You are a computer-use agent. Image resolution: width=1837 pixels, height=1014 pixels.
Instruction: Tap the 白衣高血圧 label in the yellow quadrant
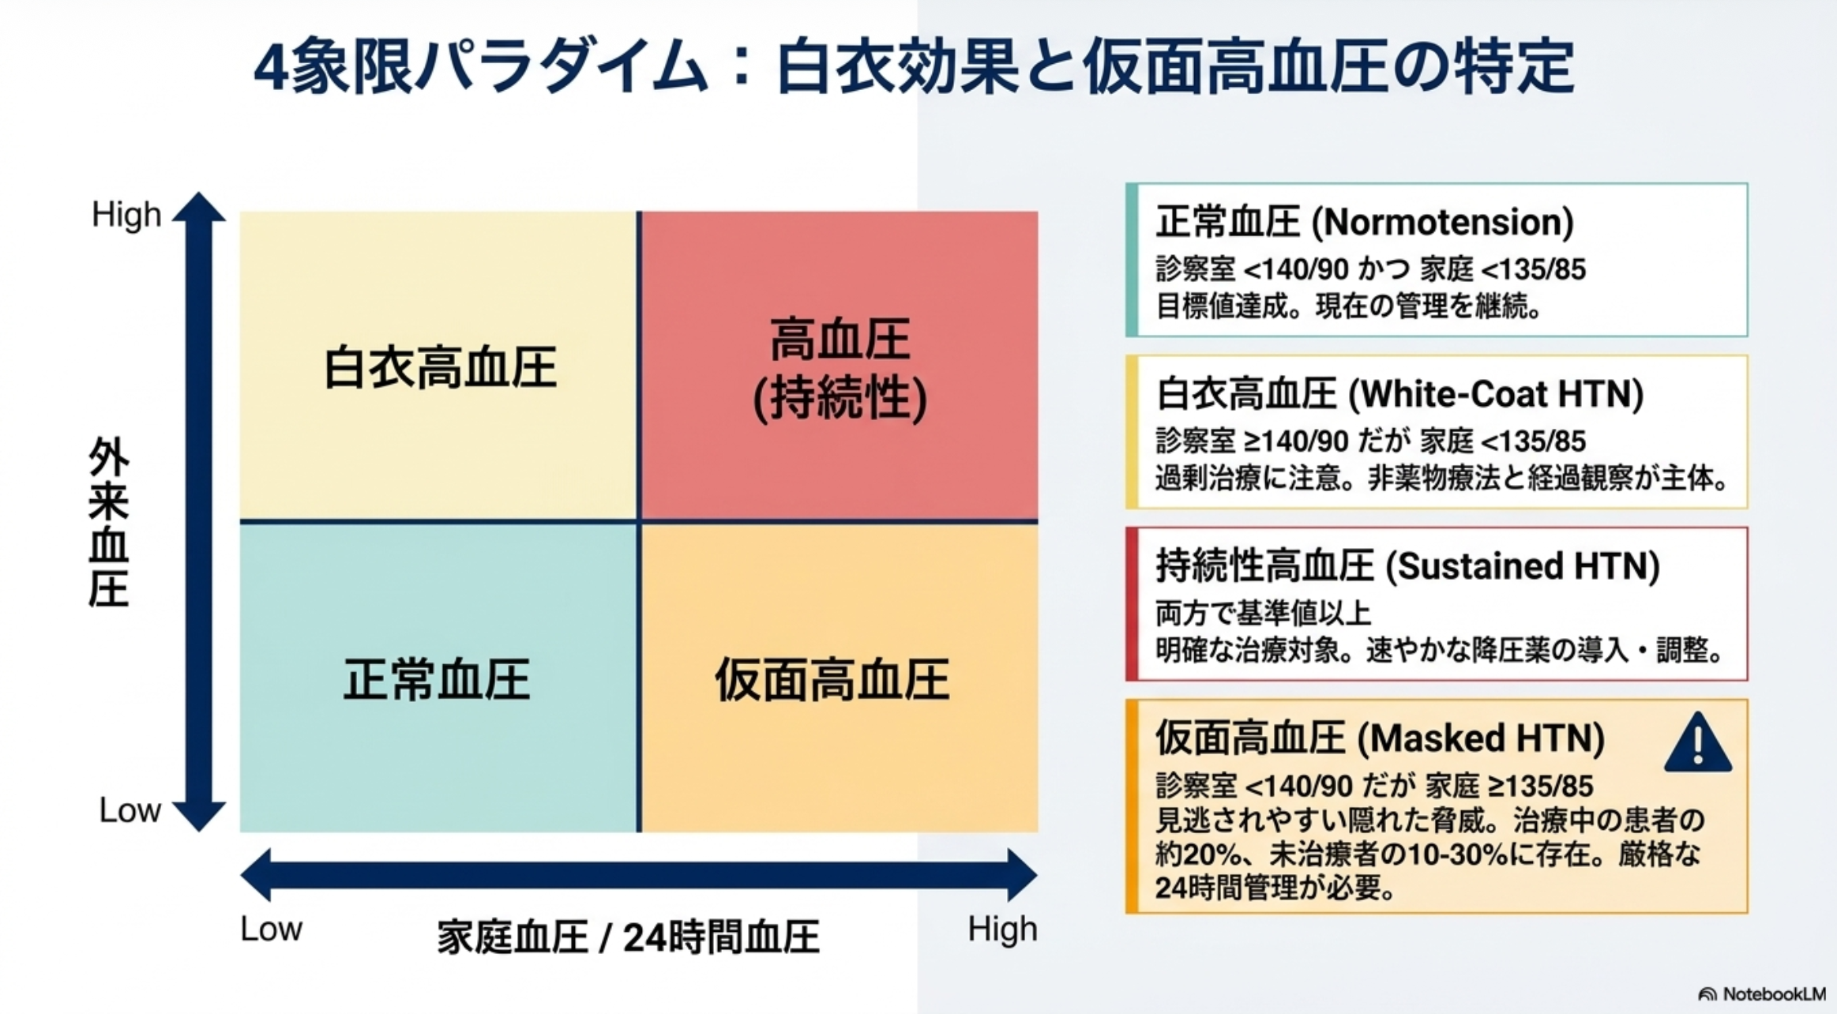pyautogui.click(x=440, y=368)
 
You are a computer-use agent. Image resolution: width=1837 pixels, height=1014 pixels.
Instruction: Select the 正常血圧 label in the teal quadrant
pyautogui.click(x=436, y=680)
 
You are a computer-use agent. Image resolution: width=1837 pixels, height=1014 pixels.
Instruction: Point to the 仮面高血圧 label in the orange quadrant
pyautogui.click(x=832, y=680)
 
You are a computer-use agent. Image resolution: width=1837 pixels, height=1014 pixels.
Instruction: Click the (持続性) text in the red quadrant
pyautogui.click(x=840, y=400)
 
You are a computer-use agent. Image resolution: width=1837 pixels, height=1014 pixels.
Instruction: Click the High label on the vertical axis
pyautogui.click(x=126, y=215)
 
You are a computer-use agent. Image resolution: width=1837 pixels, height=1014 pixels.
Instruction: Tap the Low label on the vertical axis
pyautogui.click(x=130, y=811)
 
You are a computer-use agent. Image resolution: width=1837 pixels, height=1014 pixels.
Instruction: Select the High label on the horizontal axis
pyautogui.click(x=1002, y=929)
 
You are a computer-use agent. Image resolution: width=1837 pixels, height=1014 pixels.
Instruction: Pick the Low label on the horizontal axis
pyautogui.click(x=271, y=929)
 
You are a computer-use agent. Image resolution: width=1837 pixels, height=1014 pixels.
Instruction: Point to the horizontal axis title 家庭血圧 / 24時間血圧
pyautogui.click(x=628, y=937)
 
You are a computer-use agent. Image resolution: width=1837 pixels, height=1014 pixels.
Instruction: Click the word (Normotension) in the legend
pyautogui.click(x=1442, y=223)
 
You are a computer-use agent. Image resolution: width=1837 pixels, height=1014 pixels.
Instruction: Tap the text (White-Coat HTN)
pyautogui.click(x=1496, y=394)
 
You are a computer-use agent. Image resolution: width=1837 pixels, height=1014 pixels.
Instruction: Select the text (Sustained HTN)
pyautogui.click(x=1523, y=566)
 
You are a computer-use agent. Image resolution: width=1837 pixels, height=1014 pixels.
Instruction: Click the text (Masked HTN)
pyautogui.click(x=1481, y=738)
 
